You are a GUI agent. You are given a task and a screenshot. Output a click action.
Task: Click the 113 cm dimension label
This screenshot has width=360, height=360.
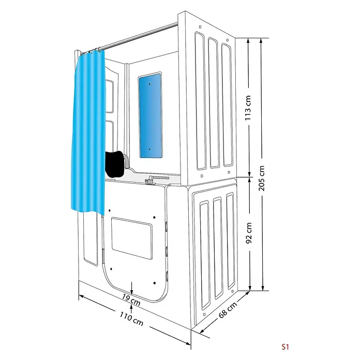coord(248,108)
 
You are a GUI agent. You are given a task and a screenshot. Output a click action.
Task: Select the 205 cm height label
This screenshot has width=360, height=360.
coord(262,178)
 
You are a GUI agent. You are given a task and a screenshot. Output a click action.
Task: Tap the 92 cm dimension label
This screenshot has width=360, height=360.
coord(249,233)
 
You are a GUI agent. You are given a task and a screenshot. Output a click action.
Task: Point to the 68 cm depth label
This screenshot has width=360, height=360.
coord(228,310)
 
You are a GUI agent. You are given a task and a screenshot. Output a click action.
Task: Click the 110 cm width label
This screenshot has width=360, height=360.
coord(131,319)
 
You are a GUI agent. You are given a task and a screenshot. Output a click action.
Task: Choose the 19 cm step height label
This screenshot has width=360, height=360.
coord(131,299)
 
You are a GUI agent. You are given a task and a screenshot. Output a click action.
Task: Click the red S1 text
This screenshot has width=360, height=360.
coord(285,347)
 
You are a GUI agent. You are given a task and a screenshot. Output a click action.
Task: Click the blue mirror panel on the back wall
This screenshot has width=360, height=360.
coord(150,115)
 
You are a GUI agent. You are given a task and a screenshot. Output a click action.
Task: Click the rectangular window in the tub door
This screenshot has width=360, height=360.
coord(132,238)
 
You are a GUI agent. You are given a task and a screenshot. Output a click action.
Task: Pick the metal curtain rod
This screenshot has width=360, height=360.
coord(138,36)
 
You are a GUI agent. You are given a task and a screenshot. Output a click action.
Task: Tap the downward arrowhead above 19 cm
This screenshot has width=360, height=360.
coord(131,292)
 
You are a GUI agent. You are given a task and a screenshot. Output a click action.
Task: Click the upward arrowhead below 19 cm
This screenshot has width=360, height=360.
coord(131,307)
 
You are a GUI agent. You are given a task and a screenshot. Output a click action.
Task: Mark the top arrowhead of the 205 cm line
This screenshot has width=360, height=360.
coord(261,41)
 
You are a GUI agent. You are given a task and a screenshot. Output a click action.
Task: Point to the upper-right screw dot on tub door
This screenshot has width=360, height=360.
coord(154,217)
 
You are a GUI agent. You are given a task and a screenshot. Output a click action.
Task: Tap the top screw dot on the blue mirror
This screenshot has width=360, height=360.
coord(149,84)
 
